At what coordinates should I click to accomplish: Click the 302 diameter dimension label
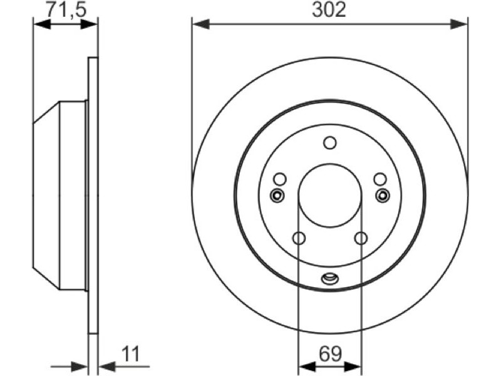(x=329, y=10)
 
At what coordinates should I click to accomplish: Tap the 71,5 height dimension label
(x=66, y=10)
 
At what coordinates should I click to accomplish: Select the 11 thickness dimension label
(x=131, y=354)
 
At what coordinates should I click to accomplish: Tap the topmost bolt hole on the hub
(x=330, y=143)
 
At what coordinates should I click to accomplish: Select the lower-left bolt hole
(x=299, y=238)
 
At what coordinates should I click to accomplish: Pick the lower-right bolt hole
(x=361, y=238)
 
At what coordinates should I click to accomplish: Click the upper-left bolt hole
(x=280, y=179)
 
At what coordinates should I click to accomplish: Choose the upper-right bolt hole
(x=380, y=179)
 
